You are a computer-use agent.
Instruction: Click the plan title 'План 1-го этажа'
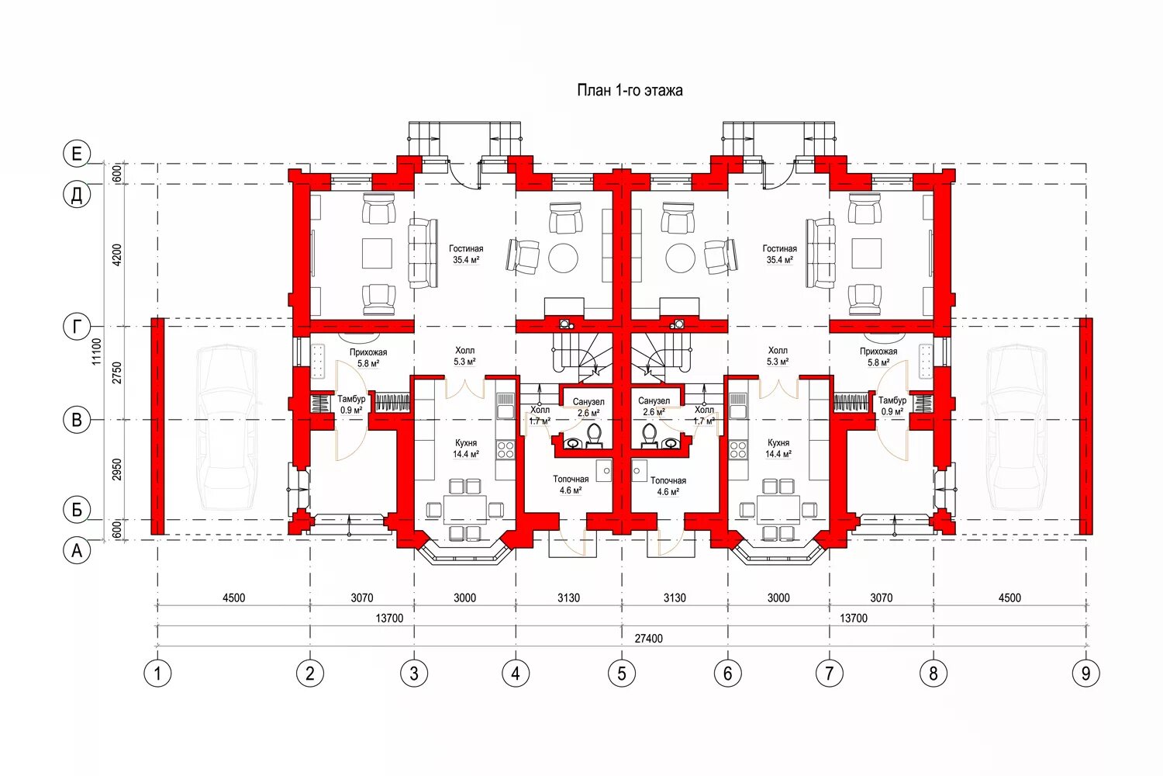coord(630,91)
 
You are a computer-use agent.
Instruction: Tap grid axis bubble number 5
coord(621,673)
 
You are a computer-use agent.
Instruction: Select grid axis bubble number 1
coord(157,673)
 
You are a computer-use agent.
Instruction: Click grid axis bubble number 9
coord(1085,673)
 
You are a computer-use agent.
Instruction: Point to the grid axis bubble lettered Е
coord(77,154)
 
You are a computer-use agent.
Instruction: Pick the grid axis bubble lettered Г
coord(77,327)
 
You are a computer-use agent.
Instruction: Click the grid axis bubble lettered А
coord(77,551)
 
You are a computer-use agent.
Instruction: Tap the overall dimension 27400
coord(648,639)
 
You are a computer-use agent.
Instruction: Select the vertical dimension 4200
coord(116,255)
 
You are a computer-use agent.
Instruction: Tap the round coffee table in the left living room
coord(563,258)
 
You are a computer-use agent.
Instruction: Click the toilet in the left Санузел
coord(595,435)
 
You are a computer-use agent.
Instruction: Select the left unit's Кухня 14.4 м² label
coord(465,449)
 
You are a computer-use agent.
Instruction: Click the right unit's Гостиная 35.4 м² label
coord(779,255)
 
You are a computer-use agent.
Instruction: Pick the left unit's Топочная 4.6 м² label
coord(571,485)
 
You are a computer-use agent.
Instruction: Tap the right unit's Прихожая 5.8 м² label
coord(878,357)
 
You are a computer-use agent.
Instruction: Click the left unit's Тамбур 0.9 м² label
coord(351,404)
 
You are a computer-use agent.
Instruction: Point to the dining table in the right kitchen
coord(778,509)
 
